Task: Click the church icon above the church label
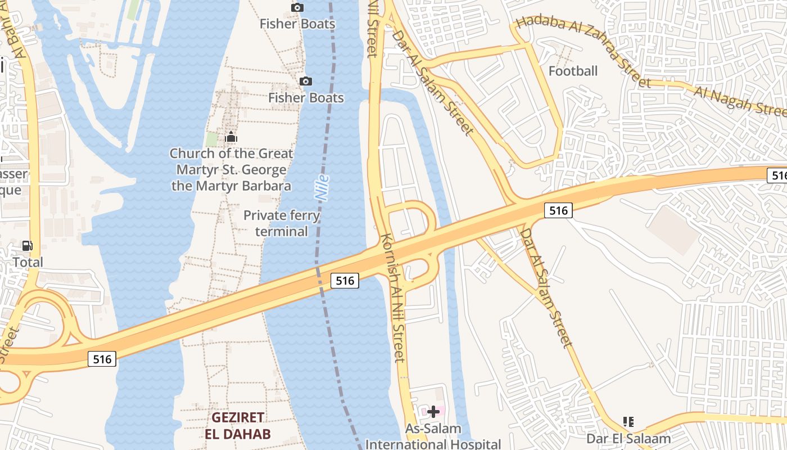230,137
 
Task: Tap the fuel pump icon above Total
27,246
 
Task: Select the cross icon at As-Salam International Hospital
433,412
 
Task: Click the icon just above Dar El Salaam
628,421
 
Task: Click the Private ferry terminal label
282,223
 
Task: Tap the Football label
573,71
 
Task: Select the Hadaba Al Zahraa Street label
583,51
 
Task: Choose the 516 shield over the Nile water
345,280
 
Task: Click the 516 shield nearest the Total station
102,358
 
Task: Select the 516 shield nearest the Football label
558,210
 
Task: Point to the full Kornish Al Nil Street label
393,298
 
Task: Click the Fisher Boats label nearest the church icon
306,98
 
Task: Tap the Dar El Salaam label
628,438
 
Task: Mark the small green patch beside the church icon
211,139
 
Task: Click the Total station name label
28,262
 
